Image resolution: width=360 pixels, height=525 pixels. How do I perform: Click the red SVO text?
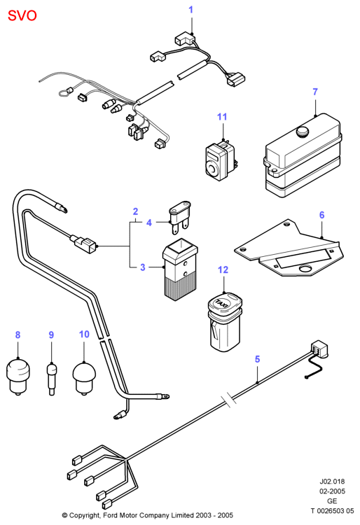pos(22,15)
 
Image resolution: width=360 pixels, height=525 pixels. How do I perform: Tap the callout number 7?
pos(315,92)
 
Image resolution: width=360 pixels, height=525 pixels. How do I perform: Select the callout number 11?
pos(222,117)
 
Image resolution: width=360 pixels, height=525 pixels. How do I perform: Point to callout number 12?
pos(223,270)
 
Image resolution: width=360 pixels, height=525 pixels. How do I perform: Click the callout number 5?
pos(257,359)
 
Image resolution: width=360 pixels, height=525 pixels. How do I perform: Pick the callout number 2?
pos(135,211)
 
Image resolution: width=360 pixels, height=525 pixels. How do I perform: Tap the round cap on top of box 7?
pos(303,131)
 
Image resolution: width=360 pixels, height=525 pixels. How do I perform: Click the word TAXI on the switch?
pos(222,302)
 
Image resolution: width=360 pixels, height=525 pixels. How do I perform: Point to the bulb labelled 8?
pos(18,377)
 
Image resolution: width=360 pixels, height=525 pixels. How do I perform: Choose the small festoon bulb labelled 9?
pos(51,379)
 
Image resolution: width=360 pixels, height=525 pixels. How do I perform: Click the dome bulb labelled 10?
pos(84,378)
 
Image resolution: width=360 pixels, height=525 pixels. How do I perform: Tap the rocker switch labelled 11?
pos(220,161)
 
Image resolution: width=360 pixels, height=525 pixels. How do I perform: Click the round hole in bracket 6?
pos(306,269)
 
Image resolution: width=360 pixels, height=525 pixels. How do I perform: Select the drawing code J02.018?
pos(332,482)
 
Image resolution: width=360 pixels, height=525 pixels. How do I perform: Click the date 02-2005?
pos(332,491)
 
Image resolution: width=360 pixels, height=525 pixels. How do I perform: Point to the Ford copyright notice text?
pos(147,515)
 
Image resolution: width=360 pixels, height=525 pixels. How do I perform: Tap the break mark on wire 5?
pos(227,400)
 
